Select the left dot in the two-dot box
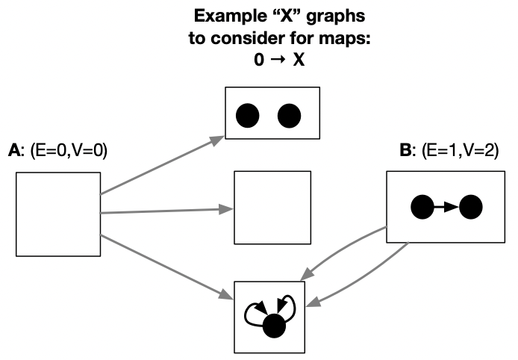click(247, 115)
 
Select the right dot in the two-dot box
click(289, 115)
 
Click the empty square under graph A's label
click(58, 214)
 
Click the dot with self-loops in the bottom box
click(275, 325)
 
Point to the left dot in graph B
click(422, 207)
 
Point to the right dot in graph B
click(470, 207)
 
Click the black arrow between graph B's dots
click(446, 207)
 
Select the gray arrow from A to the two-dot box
click(163, 165)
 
